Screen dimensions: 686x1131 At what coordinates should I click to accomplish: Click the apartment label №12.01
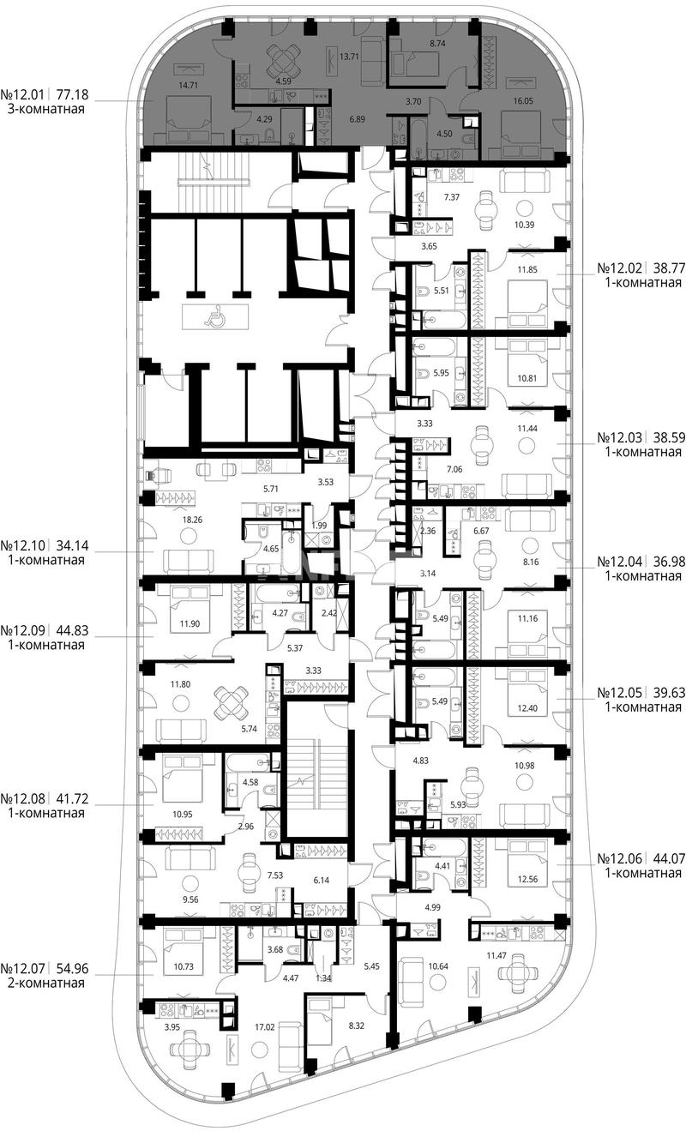click(x=22, y=94)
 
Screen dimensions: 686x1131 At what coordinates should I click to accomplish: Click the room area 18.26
click(x=192, y=519)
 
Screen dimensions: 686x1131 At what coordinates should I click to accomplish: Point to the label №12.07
click(x=22, y=969)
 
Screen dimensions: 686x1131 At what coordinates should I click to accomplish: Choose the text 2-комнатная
click(x=45, y=983)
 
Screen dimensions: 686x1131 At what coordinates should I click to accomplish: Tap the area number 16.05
click(x=523, y=101)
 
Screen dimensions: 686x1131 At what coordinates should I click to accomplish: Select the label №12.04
click(x=620, y=562)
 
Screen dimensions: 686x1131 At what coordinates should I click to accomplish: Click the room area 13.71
click(x=349, y=57)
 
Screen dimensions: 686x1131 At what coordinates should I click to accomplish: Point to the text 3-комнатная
click(x=45, y=109)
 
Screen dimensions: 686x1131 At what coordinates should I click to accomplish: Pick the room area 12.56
click(x=527, y=879)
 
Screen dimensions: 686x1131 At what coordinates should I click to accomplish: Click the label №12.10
click(x=22, y=546)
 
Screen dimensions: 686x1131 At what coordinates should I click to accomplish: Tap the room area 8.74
click(x=437, y=44)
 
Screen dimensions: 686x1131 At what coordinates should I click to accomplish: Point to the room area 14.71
click(x=188, y=86)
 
